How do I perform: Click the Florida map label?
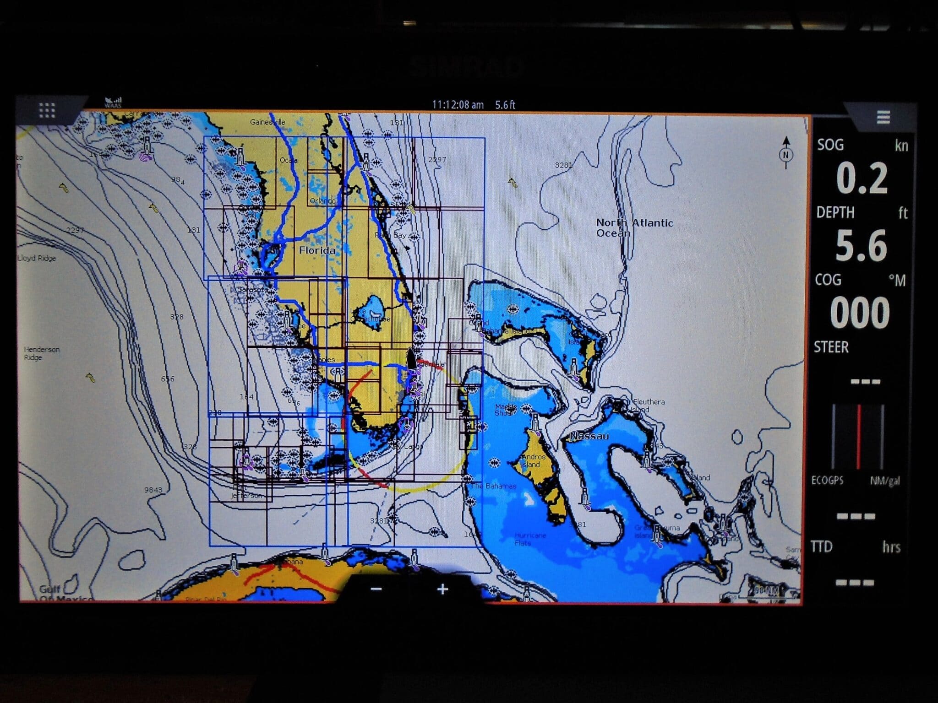317,250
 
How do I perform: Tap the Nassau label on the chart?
589,436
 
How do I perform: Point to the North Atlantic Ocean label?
634,228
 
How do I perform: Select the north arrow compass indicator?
786,153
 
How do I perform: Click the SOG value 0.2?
862,179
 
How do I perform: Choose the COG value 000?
860,313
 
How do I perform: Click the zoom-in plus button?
442,589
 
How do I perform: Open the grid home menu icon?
47,110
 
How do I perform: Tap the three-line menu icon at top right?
883,117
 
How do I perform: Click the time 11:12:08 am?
458,105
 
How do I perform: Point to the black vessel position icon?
411,359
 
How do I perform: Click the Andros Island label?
533,460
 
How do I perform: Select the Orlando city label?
322,201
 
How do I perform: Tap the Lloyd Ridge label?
37,258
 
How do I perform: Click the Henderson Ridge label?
41,353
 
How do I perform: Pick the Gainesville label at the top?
267,122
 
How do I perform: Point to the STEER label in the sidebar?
831,347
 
